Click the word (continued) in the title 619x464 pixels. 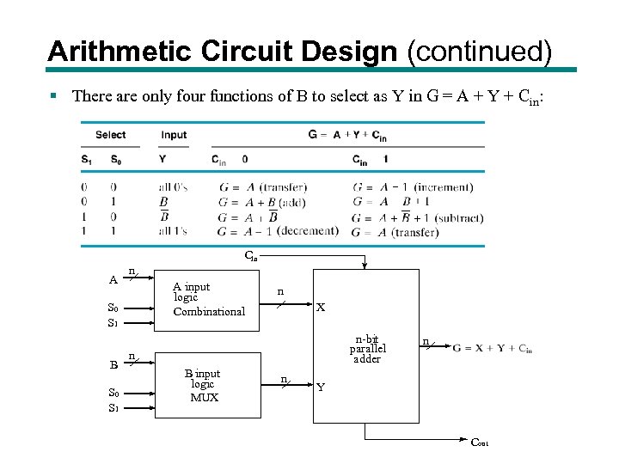tap(479, 51)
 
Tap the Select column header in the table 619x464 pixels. tap(111, 135)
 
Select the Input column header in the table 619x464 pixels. tap(174, 135)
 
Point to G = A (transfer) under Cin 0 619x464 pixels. tap(263, 187)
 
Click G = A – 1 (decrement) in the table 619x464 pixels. tap(278, 231)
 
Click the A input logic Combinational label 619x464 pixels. tap(208, 299)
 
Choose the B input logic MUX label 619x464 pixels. tap(203, 386)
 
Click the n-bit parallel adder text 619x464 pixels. tap(367, 348)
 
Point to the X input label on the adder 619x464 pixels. tap(321, 307)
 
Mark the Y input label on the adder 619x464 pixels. tap(321, 388)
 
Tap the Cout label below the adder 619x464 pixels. tap(479, 443)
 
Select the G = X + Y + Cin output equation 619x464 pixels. tap(493, 348)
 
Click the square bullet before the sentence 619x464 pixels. tap(53, 96)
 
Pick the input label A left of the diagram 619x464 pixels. tap(113, 279)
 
